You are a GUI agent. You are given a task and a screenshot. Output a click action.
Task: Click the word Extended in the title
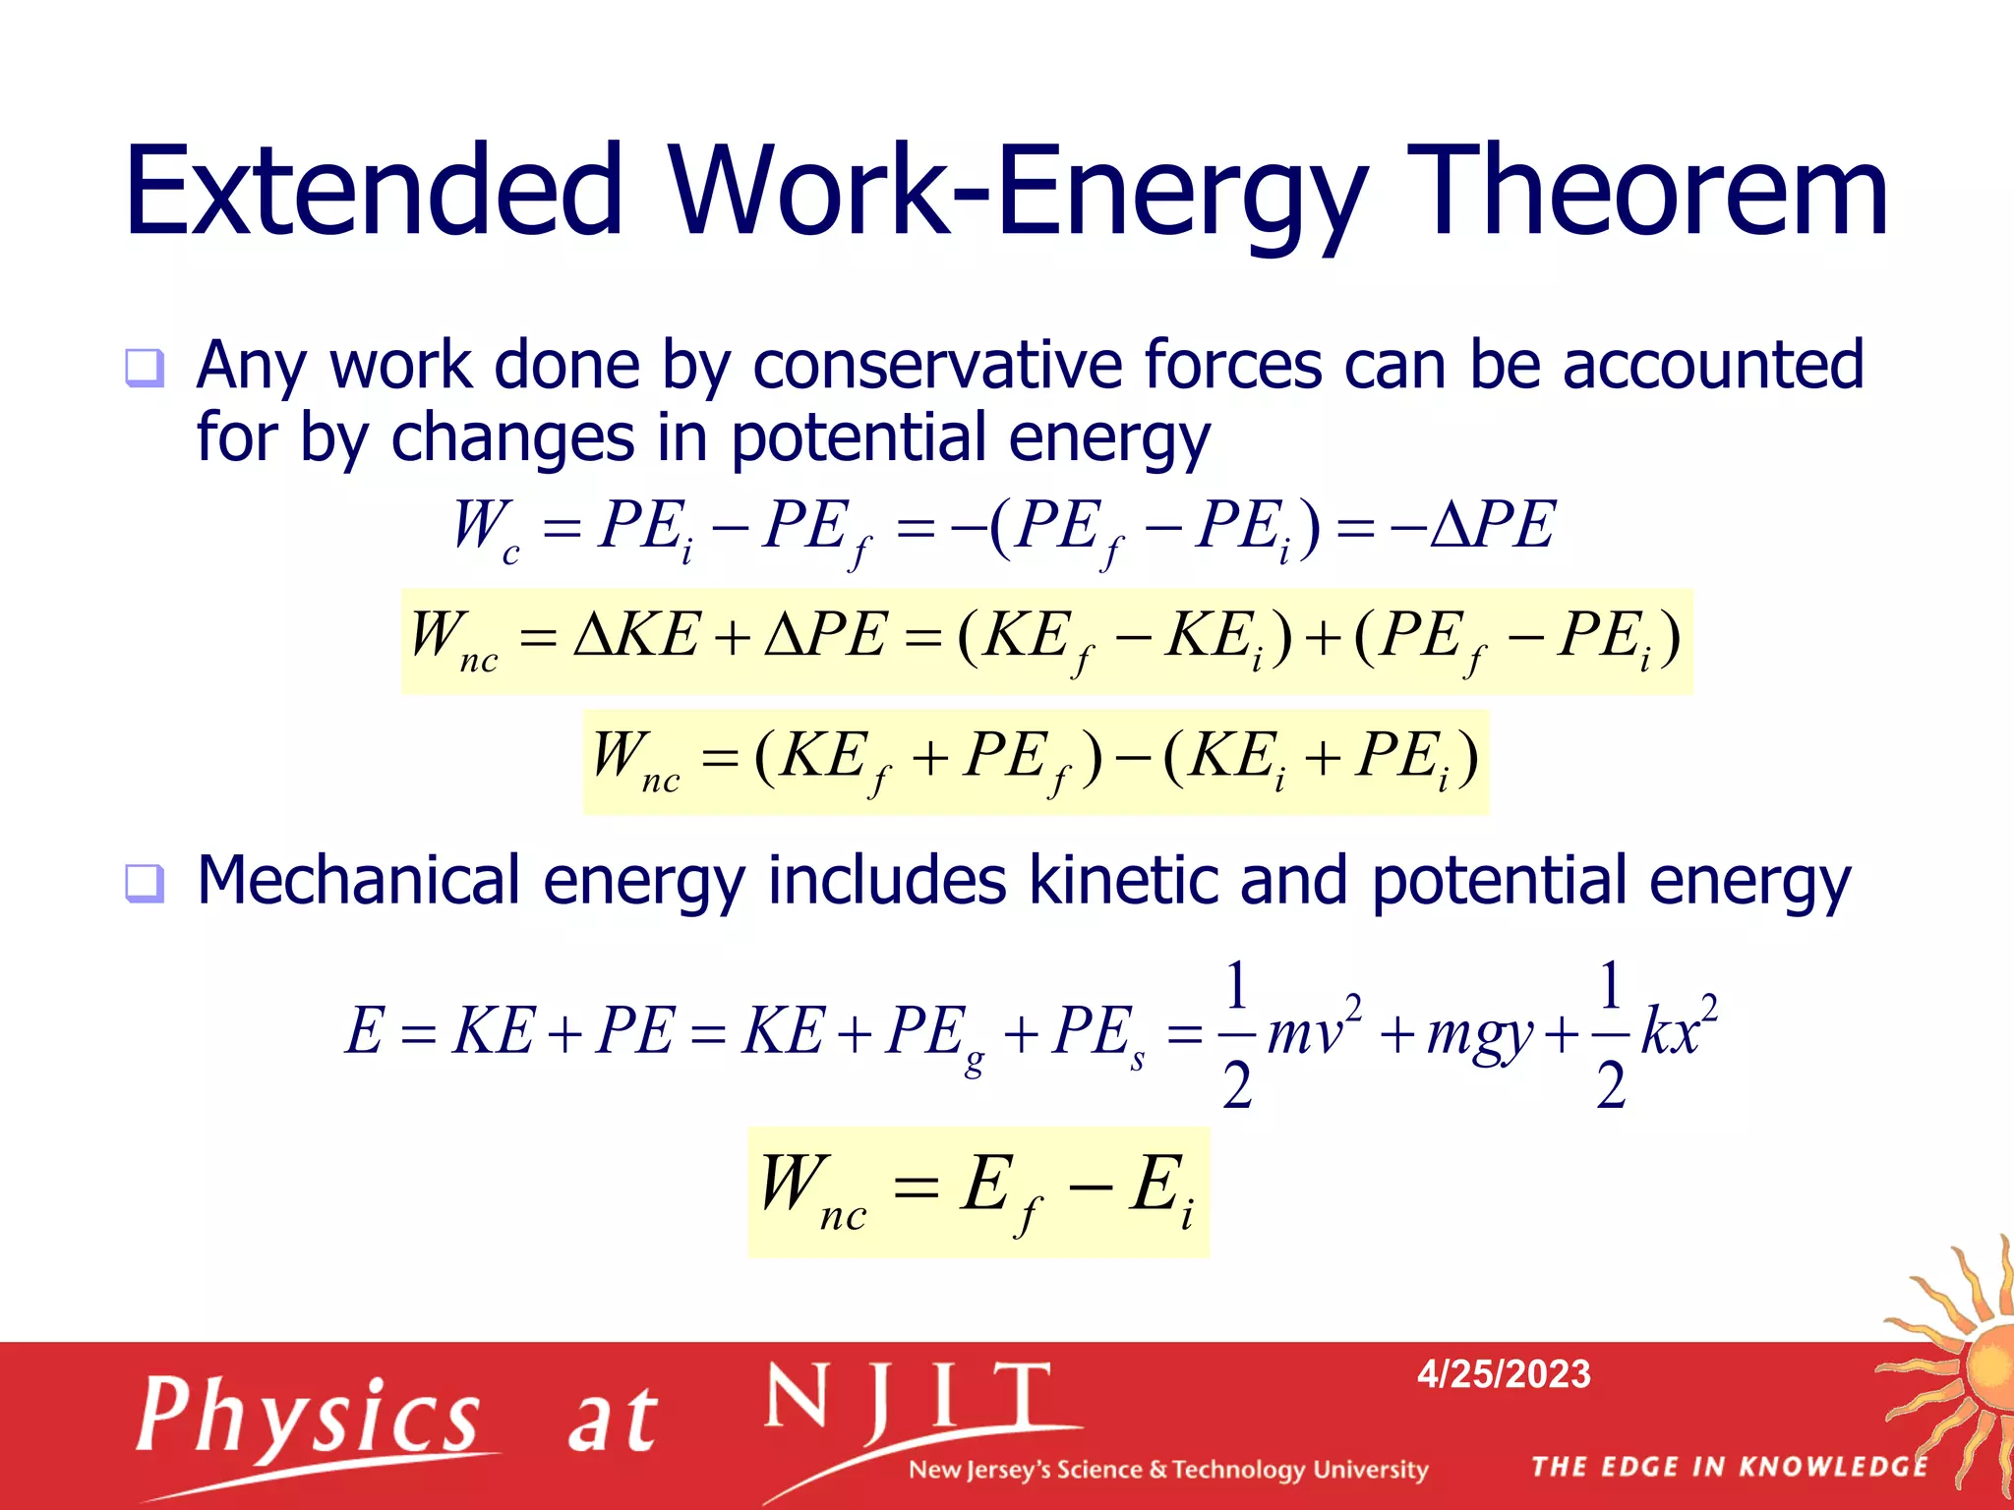(375, 191)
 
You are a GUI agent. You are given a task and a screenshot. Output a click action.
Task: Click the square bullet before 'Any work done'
(145, 369)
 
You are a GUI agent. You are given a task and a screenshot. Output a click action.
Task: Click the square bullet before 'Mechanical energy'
(145, 883)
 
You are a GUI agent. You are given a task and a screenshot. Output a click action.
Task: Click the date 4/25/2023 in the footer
(1503, 1373)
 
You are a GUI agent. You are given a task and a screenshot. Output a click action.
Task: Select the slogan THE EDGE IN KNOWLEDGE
(1730, 1467)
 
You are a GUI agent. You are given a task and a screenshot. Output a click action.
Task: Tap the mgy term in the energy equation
(1479, 1033)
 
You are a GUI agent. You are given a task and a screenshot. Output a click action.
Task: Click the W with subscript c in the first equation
(485, 528)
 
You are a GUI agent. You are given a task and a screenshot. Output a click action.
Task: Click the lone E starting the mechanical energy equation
(364, 1031)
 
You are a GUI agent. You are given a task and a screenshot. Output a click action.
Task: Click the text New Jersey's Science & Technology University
(1168, 1470)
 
